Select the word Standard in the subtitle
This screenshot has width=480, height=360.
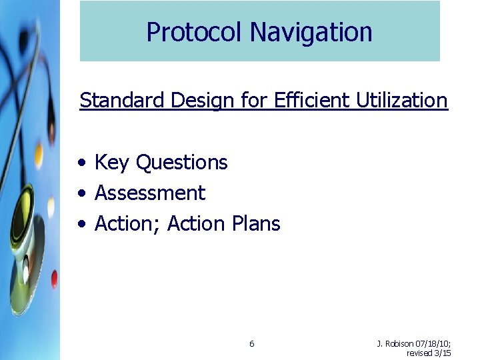(x=123, y=101)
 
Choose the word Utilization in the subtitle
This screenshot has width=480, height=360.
(x=402, y=101)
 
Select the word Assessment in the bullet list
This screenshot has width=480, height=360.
(x=150, y=193)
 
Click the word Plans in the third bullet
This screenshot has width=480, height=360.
(x=257, y=223)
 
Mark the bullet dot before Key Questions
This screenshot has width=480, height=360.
(x=81, y=163)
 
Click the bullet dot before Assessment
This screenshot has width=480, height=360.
(x=81, y=193)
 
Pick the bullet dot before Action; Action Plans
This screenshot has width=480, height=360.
(x=81, y=224)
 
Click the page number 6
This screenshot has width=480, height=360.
(x=251, y=344)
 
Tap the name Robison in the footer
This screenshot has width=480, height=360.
(x=399, y=344)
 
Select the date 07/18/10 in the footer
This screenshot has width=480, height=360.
(x=433, y=344)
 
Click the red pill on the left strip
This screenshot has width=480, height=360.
(x=54, y=279)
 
